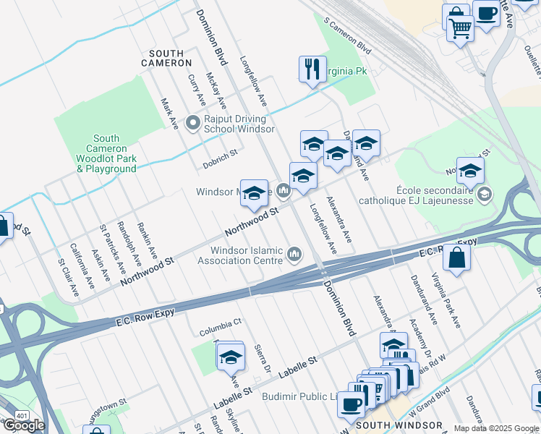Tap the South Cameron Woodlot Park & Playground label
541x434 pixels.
106,153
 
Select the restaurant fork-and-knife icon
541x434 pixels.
312,69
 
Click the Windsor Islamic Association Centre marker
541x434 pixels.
294,255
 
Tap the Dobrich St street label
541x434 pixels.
220,159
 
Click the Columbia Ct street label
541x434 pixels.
221,331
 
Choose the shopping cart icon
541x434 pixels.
460,29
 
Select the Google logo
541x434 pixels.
24,425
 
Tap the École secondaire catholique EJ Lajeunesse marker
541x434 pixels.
484,193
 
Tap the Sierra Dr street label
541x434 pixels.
262,359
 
